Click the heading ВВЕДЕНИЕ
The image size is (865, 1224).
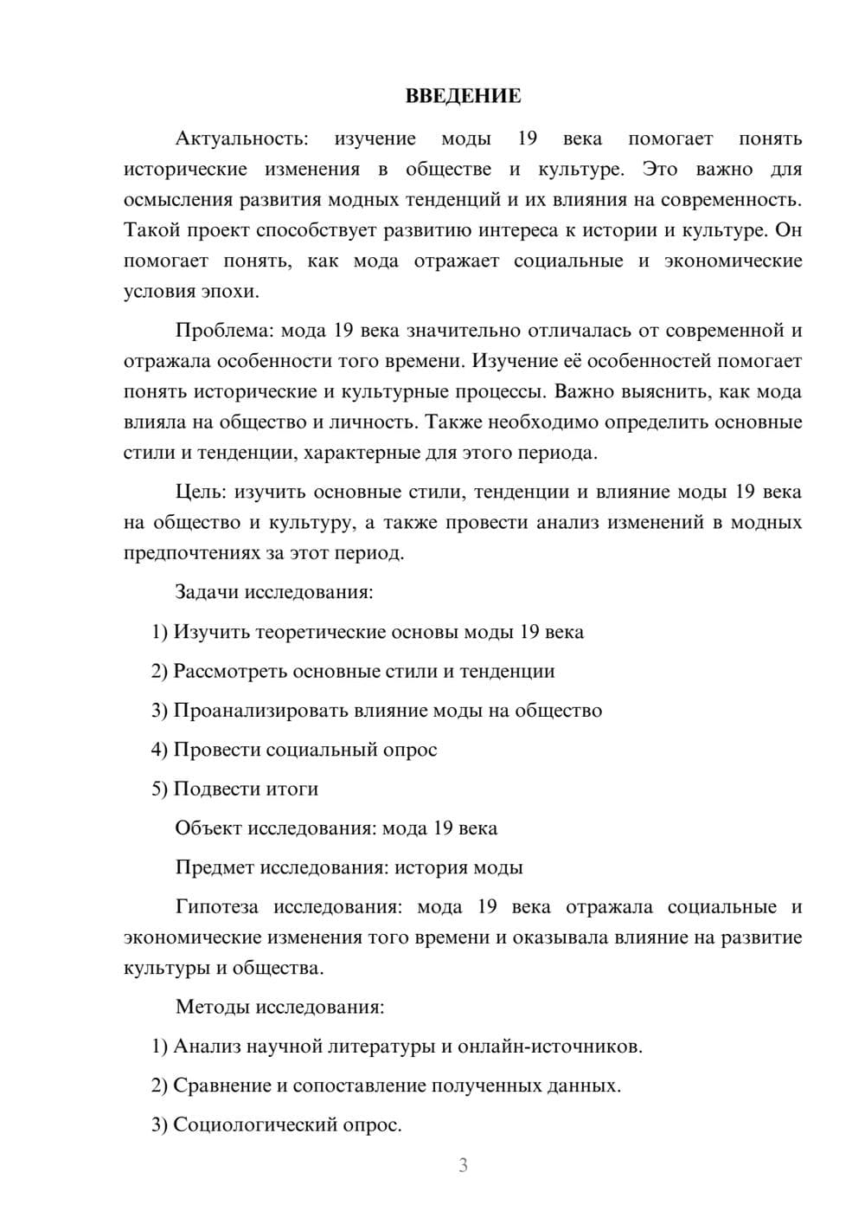(x=463, y=96)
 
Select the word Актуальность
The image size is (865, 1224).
(x=240, y=139)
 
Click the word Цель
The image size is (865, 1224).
(x=200, y=492)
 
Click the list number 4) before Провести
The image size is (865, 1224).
(x=159, y=750)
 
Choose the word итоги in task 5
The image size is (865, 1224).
(x=292, y=789)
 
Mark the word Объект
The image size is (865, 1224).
(x=208, y=828)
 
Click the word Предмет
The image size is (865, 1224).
(x=215, y=867)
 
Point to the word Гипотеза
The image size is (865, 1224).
(x=216, y=907)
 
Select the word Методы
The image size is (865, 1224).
(x=208, y=1007)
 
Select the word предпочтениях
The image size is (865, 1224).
(x=193, y=553)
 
